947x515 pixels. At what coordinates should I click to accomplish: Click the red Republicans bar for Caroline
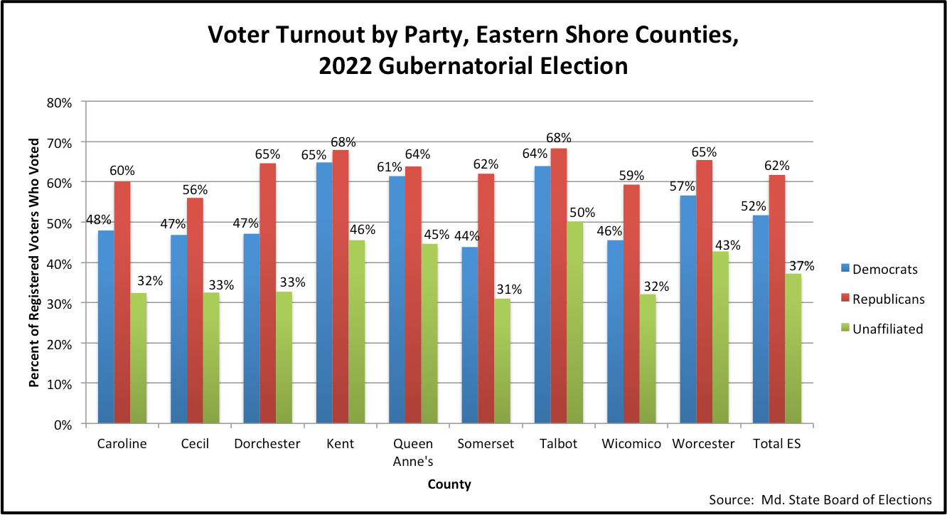coord(122,302)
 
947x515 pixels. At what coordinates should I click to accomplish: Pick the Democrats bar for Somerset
coord(469,335)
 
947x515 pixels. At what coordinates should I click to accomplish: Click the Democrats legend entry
coord(884,269)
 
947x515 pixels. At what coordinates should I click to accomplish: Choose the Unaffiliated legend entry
coord(887,329)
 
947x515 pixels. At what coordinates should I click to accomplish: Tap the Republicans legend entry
coord(888,299)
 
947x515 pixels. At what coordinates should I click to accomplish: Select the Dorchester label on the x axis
coord(267,444)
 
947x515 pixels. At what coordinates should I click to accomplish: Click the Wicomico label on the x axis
coord(631,444)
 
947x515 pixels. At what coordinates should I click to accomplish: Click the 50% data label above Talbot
coord(582,212)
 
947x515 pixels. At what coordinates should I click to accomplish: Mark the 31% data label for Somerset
coord(509,290)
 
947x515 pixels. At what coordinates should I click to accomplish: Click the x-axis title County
coord(449,484)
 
